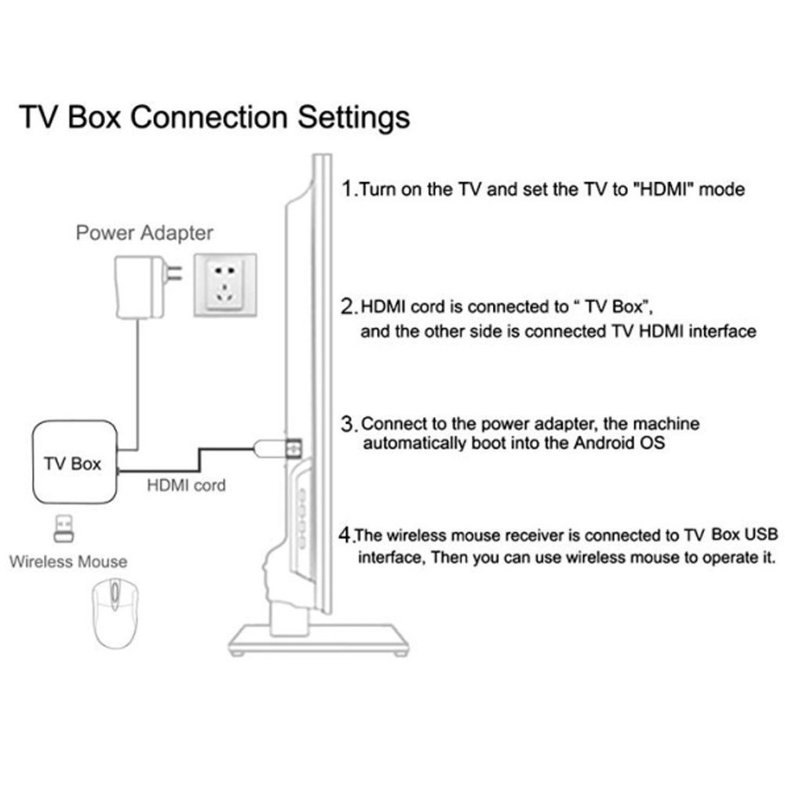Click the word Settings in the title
(346, 118)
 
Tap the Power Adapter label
(144, 233)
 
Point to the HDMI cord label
(186, 486)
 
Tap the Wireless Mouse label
(68, 562)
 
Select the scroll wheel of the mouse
(115, 596)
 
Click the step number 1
(348, 189)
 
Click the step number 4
(345, 535)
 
